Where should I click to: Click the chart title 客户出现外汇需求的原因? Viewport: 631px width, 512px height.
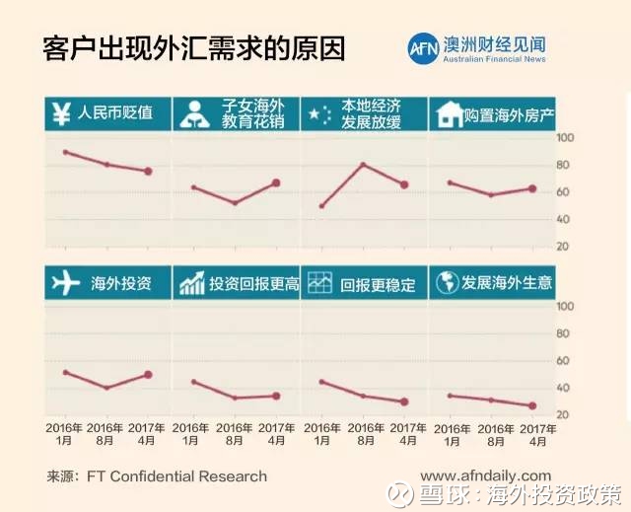click(195, 48)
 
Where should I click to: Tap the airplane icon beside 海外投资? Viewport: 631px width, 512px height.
click(64, 283)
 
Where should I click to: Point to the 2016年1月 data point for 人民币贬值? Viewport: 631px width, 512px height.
click(65, 152)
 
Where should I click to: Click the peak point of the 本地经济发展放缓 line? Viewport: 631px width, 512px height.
click(364, 165)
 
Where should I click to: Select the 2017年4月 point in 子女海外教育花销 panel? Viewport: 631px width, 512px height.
click(276, 183)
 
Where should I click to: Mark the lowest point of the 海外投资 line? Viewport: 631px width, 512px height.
click(106, 388)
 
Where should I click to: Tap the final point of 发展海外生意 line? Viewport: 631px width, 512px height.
click(532, 405)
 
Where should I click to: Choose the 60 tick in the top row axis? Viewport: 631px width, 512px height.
click(564, 191)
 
